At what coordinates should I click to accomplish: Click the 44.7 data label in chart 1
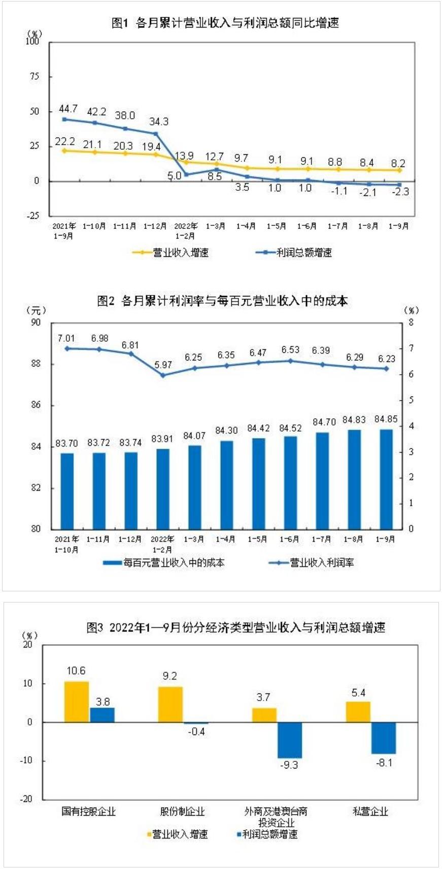[x=68, y=109]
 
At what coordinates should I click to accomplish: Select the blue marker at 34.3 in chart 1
[x=155, y=133]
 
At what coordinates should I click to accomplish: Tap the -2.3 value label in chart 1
[x=399, y=192]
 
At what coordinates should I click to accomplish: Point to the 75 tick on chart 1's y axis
[x=35, y=76]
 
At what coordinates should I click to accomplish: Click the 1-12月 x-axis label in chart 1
[x=155, y=226]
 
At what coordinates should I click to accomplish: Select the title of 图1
[x=225, y=23]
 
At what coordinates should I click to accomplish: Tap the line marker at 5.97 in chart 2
[x=163, y=375]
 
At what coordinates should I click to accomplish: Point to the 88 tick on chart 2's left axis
[x=36, y=364]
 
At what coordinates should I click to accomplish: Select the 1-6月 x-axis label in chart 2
[x=289, y=539]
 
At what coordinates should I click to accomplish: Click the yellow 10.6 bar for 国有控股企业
[x=76, y=701]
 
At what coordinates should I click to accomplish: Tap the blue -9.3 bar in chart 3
[x=289, y=740]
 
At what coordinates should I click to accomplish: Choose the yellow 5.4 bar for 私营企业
[x=358, y=712]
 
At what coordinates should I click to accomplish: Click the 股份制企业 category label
[x=182, y=811]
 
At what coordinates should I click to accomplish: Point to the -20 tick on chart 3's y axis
[x=26, y=798]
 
